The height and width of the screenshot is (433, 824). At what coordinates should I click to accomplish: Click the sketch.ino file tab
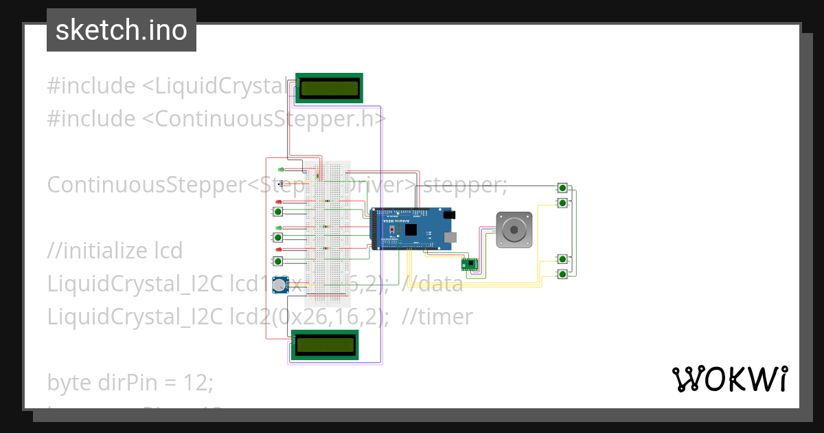click(x=122, y=30)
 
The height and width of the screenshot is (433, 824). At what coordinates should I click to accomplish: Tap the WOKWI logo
click(x=729, y=379)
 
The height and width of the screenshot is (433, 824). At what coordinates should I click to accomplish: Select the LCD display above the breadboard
click(x=329, y=88)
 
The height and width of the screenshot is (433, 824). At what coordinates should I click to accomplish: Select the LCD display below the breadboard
click(x=324, y=344)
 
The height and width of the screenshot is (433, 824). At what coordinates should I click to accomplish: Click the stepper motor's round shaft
click(x=513, y=229)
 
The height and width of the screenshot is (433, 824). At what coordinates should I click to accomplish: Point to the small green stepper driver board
click(x=470, y=263)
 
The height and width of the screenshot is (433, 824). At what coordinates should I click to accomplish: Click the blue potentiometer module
click(x=279, y=285)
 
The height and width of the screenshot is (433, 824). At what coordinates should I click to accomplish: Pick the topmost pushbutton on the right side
click(x=563, y=188)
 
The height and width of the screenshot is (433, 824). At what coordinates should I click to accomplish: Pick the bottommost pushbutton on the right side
click(x=563, y=274)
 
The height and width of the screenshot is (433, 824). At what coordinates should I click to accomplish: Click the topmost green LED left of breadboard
click(x=280, y=170)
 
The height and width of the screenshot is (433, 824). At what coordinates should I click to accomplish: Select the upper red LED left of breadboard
click(x=279, y=201)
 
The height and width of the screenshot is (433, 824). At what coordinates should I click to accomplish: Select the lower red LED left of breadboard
click(x=279, y=249)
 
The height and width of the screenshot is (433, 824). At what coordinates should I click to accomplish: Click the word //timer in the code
click(x=437, y=317)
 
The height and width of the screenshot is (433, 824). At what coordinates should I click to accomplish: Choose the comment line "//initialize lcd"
click(x=115, y=251)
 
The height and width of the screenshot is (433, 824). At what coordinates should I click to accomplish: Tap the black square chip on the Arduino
click(x=411, y=231)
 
